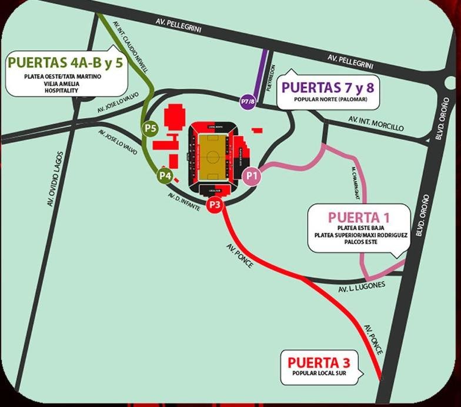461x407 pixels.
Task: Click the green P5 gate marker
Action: (149, 128)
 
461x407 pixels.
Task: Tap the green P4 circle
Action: (164, 175)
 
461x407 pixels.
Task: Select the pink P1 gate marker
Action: (252, 175)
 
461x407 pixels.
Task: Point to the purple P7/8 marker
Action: (248, 101)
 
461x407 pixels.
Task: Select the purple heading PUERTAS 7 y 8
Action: (329, 88)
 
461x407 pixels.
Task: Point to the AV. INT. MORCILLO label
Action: (376, 124)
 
